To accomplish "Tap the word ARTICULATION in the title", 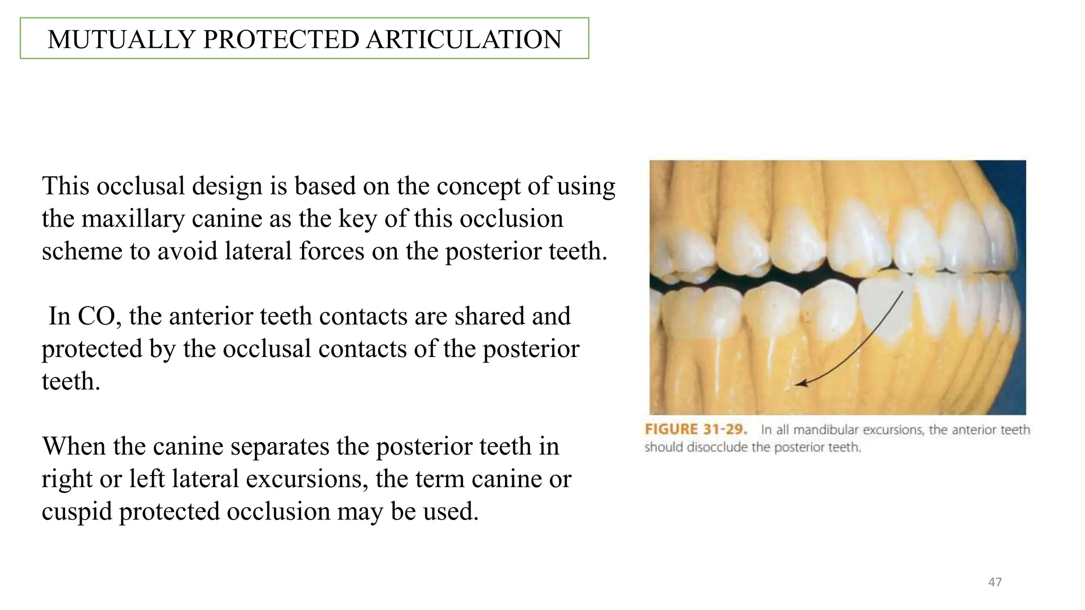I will pyautogui.click(x=464, y=40).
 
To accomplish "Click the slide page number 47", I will pyautogui.click(x=995, y=582).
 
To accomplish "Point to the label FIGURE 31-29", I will pyautogui.click(x=696, y=429).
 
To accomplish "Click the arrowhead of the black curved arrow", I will pyautogui.click(x=801, y=383).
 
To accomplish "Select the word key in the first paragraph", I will pyautogui.click(x=358, y=219).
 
